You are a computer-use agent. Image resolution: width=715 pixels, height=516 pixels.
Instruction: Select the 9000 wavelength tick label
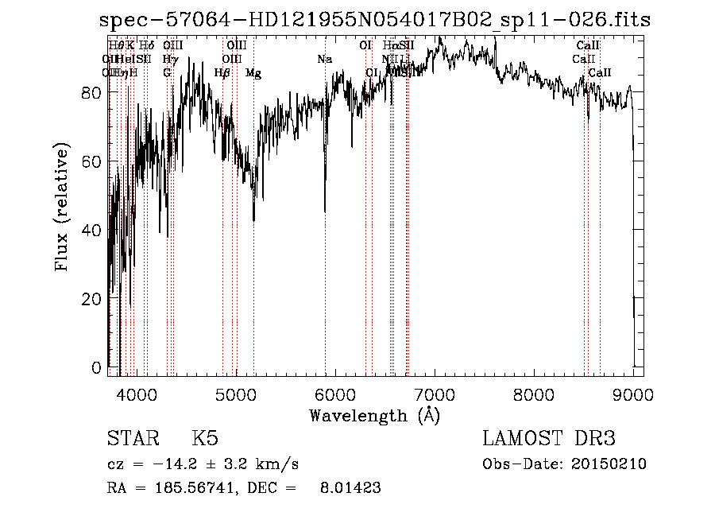633,393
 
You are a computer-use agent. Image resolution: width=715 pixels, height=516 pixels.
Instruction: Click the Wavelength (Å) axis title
374,415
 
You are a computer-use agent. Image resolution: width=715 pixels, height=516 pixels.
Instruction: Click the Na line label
324,60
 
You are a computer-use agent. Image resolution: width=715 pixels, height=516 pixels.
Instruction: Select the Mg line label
253,73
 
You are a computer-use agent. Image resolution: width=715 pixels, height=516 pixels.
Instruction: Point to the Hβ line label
222,73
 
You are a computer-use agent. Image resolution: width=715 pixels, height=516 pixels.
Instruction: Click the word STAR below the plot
131,439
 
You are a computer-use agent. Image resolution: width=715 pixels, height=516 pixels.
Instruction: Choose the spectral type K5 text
205,439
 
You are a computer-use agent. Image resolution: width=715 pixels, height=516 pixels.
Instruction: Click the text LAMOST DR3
549,439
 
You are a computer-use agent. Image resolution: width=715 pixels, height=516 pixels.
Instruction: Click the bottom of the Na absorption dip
325,211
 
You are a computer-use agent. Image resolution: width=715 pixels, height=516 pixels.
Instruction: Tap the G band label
167,73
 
